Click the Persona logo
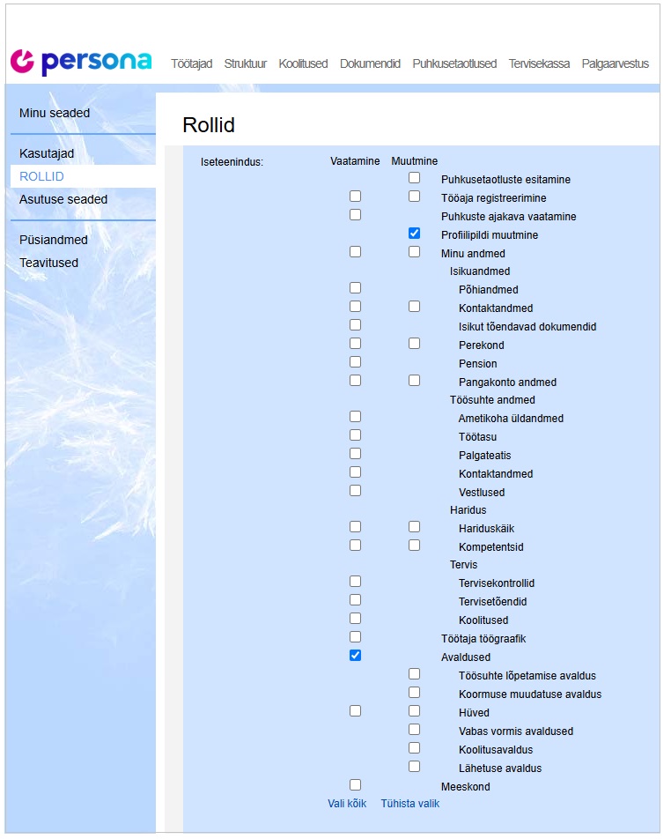point(80,62)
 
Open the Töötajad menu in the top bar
point(191,63)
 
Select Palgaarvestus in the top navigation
point(615,63)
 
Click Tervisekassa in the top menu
point(539,63)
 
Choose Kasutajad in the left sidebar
point(47,153)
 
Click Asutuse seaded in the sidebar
point(63,199)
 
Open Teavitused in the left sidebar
point(48,263)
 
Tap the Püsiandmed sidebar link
point(54,240)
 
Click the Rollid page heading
point(209,125)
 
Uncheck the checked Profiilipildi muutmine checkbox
point(414,234)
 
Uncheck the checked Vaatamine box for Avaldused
point(355,655)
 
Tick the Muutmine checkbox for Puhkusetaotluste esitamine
point(414,178)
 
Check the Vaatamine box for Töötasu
point(355,434)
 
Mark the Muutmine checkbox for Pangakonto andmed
point(414,380)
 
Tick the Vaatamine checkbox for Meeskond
point(355,784)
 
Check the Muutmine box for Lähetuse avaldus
point(414,766)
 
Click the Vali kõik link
point(347,804)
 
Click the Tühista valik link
point(409,804)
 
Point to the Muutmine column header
point(414,161)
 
